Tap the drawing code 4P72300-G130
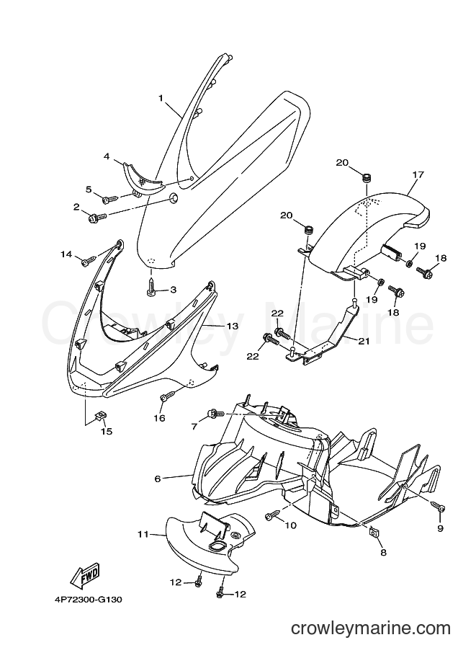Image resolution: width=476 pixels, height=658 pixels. pyautogui.click(x=87, y=600)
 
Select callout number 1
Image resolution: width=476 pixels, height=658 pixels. pyautogui.click(x=161, y=98)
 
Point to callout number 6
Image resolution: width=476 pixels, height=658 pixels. pyautogui.click(x=158, y=479)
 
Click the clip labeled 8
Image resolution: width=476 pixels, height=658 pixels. pyautogui.click(x=374, y=532)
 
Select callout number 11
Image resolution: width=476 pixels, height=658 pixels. pyautogui.click(x=143, y=534)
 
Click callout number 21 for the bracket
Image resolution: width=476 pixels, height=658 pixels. pyautogui.click(x=364, y=341)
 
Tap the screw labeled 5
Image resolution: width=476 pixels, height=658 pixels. pyautogui.click(x=89, y=190)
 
